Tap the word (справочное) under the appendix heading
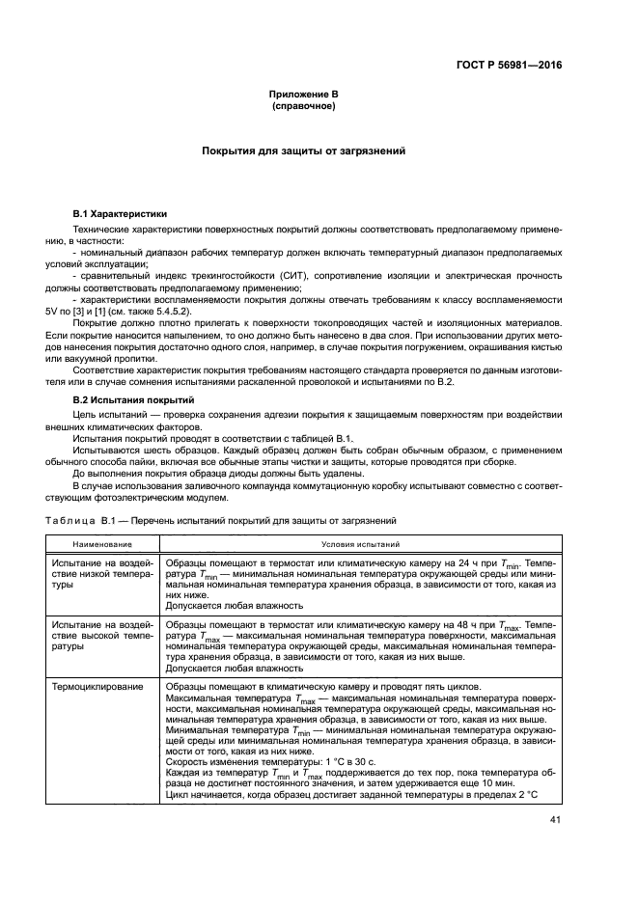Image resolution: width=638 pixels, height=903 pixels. tap(304, 105)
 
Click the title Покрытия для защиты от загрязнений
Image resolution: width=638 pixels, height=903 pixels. tap(304, 151)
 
